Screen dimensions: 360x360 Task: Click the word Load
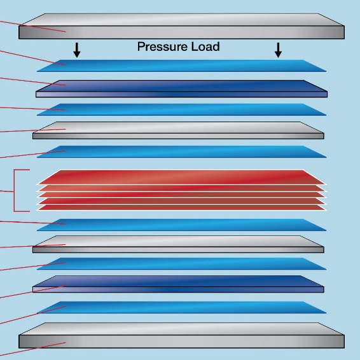point(205,46)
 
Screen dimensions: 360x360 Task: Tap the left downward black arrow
point(77,50)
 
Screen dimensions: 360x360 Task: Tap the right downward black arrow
point(278,50)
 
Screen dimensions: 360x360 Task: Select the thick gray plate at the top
point(181,26)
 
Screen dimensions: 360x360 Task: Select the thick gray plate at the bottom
point(181,335)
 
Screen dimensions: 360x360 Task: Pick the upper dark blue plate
point(182,88)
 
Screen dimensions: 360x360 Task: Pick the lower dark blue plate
point(178,284)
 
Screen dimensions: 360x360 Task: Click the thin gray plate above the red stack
point(178,130)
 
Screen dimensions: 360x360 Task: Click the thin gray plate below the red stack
point(178,244)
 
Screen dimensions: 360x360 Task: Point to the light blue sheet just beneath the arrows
point(182,66)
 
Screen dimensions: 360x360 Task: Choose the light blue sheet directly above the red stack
point(182,152)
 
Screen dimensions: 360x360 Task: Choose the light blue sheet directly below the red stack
point(182,225)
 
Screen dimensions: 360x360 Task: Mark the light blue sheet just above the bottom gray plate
point(182,307)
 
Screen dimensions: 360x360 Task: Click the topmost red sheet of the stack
point(182,177)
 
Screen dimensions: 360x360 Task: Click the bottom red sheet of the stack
point(182,207)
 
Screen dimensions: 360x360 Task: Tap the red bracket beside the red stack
point(14,191)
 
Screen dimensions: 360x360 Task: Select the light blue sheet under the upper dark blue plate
point(182,109)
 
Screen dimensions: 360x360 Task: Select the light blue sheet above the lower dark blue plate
point(182,263)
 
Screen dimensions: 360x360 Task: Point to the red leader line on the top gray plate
point(33,27)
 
